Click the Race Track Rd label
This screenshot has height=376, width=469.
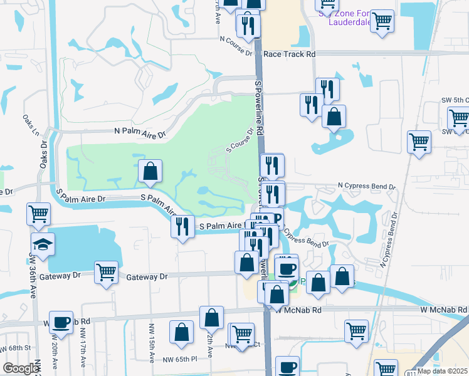click(x=289, y=55)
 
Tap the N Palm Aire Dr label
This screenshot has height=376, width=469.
click(x=139, y=133)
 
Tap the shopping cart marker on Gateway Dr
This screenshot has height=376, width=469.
click(x=107, y=272)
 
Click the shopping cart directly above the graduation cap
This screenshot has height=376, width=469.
click(x=38, y=214)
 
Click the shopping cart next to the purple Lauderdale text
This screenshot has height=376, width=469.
click(x=382, y=21)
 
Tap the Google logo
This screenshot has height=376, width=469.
click(x=21, y=368)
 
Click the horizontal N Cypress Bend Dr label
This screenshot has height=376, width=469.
click(x=367, y=187)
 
